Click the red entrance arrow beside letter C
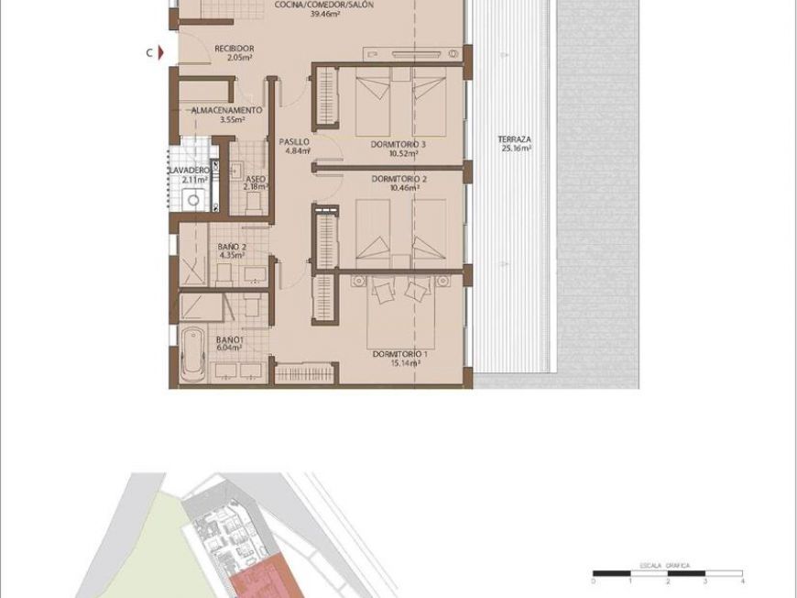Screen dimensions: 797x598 pyautogui.click(x=161, y=52)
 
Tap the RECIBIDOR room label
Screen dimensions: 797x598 pyautogui.click(x=234, y=49)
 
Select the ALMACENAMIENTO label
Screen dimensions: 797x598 pyautogui.click(x=226, y=110)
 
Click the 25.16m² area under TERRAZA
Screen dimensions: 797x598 pyautogui.click(x=518, y=149)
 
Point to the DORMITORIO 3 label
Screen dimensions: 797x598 pyautogui.click(x=398, y=145)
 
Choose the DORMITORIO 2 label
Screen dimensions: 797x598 pyautogui.click(x=399, y=179)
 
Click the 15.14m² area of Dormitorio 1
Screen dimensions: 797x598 pyautogui.click(x=406, y=363)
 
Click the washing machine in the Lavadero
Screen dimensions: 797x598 pyautogui.click(x=193, y=200)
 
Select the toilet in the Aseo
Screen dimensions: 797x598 pyautogui.click(x=254, y=205)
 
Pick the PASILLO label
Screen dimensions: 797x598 pyautogui.click(x=294, y=142)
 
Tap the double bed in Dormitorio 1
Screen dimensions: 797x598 pyautogui.click(x=400, y=312)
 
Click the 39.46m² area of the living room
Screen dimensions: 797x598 pyautogui.click(x=325, y=15)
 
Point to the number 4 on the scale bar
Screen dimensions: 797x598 pyautogui.click(x=743, y=581)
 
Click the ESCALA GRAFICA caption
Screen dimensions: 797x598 pyautogui.click(x=665, y=565)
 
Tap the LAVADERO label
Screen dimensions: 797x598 pyautogui.click(x=189, y=170)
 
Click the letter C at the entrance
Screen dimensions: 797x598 pyautogui.click(x=149, y=52)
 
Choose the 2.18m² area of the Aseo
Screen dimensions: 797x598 pyautogui.click(x=256, y=187)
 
